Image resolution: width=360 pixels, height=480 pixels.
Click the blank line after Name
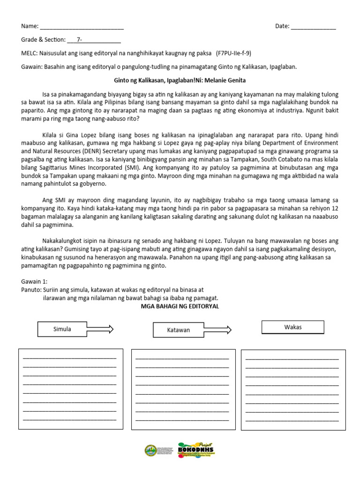pyautogui.click(x=82, y=27)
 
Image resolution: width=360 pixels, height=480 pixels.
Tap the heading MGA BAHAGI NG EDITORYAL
pyautogui.click(x=180, y=306)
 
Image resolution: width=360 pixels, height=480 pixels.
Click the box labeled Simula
pyautogui.click(x=62, y=329)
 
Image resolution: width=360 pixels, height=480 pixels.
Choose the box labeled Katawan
pyautogui.click(x=179, y=330)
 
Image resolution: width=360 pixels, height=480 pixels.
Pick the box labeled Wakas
pyautogui.click(x=292, y=327)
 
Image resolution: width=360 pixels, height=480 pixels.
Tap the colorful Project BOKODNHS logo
pyautogui.click(x=196, y=450)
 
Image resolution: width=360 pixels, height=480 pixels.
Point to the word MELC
pyautogui.click(x=30, y=53)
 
